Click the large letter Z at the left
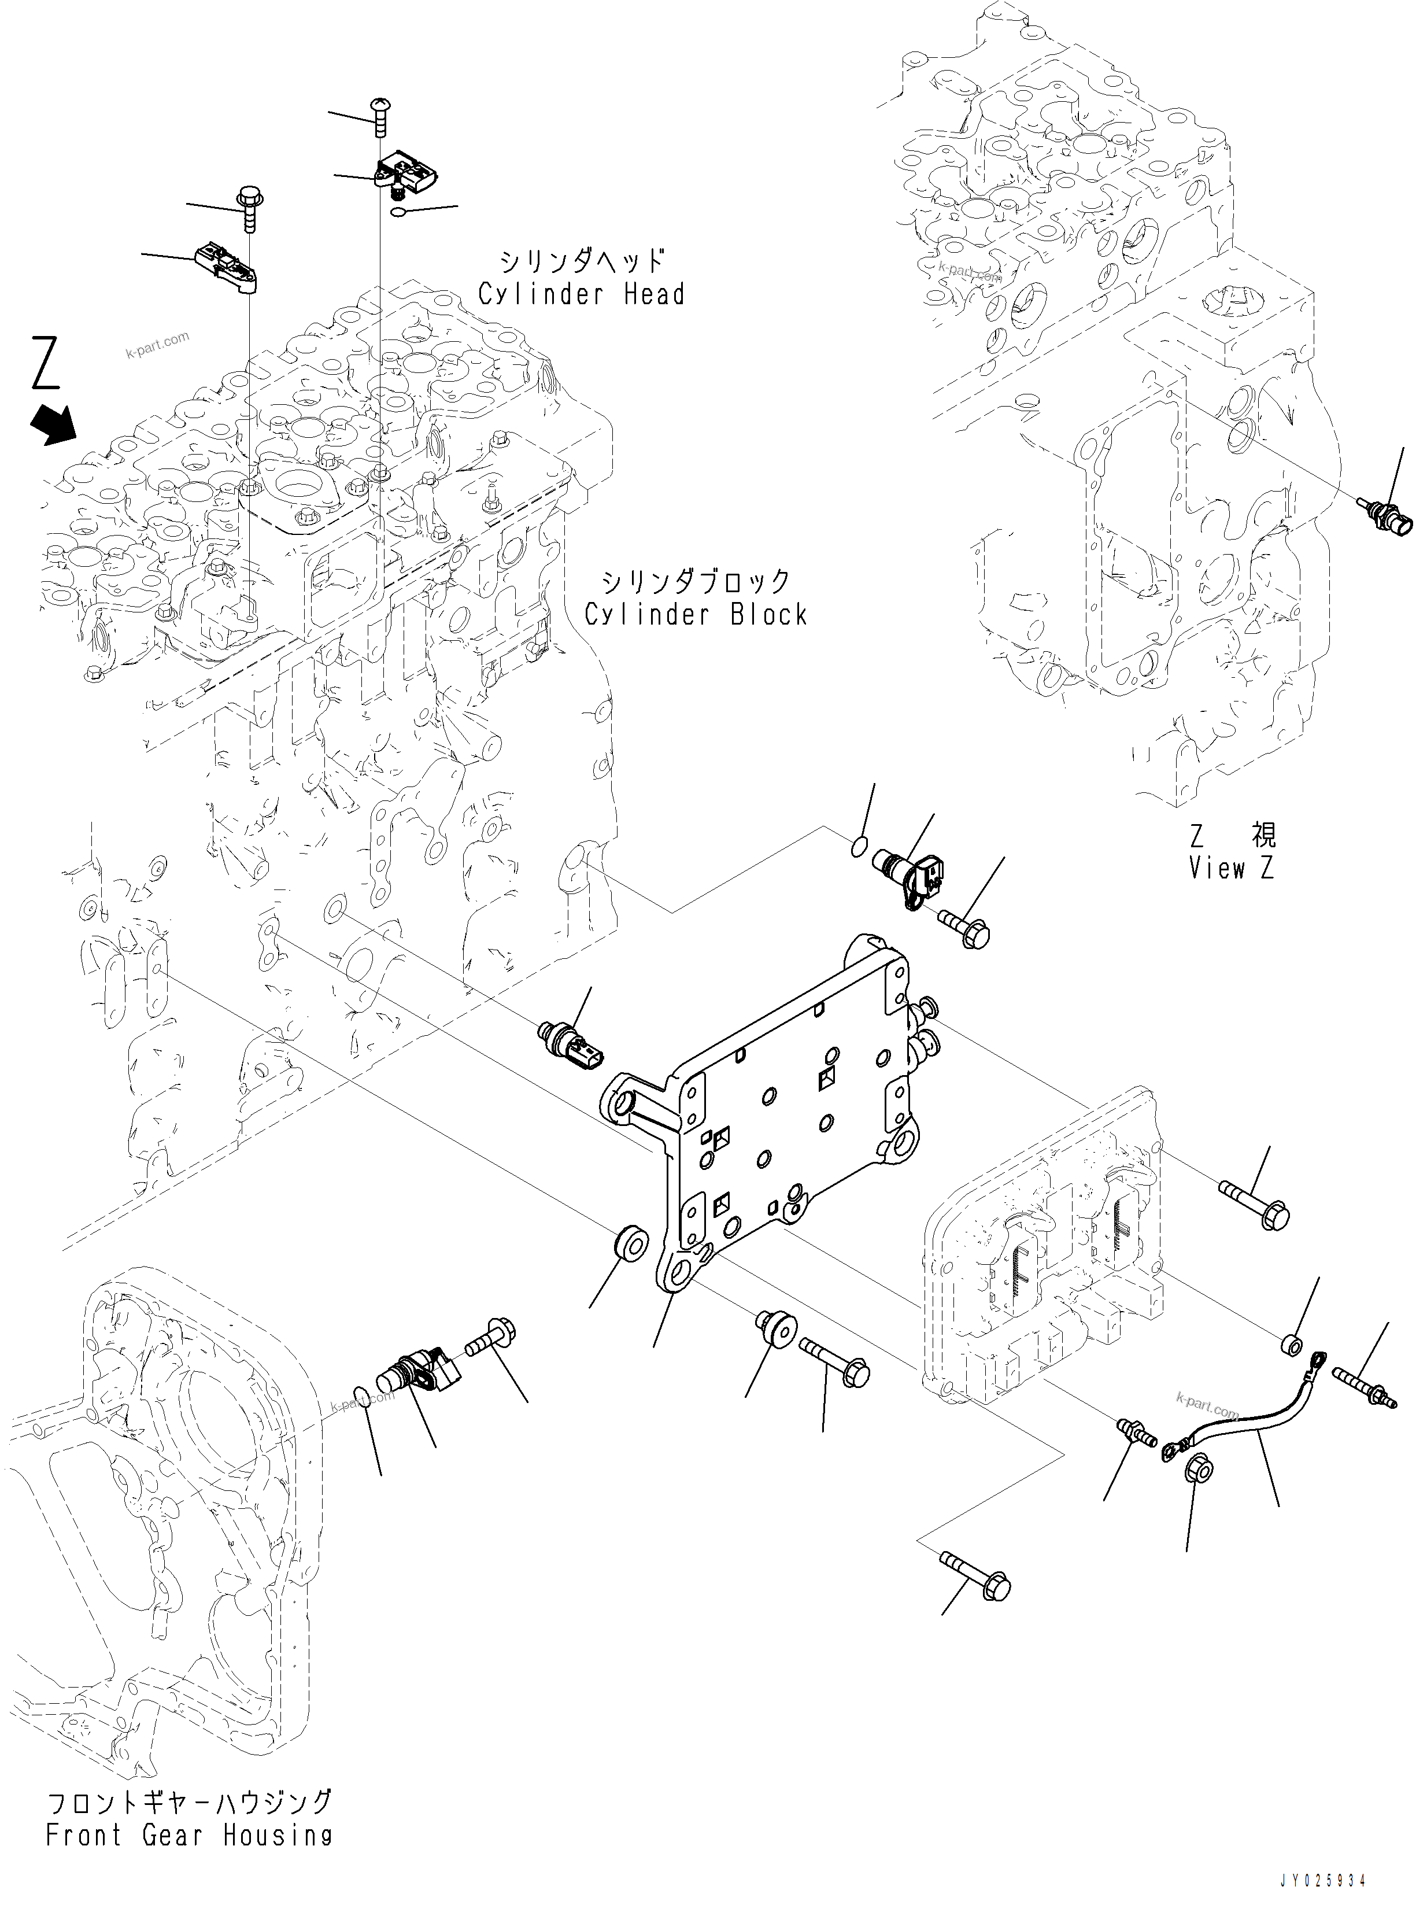click(47, 364)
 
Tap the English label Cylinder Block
click(696, 615)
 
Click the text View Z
click(1231, 869)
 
